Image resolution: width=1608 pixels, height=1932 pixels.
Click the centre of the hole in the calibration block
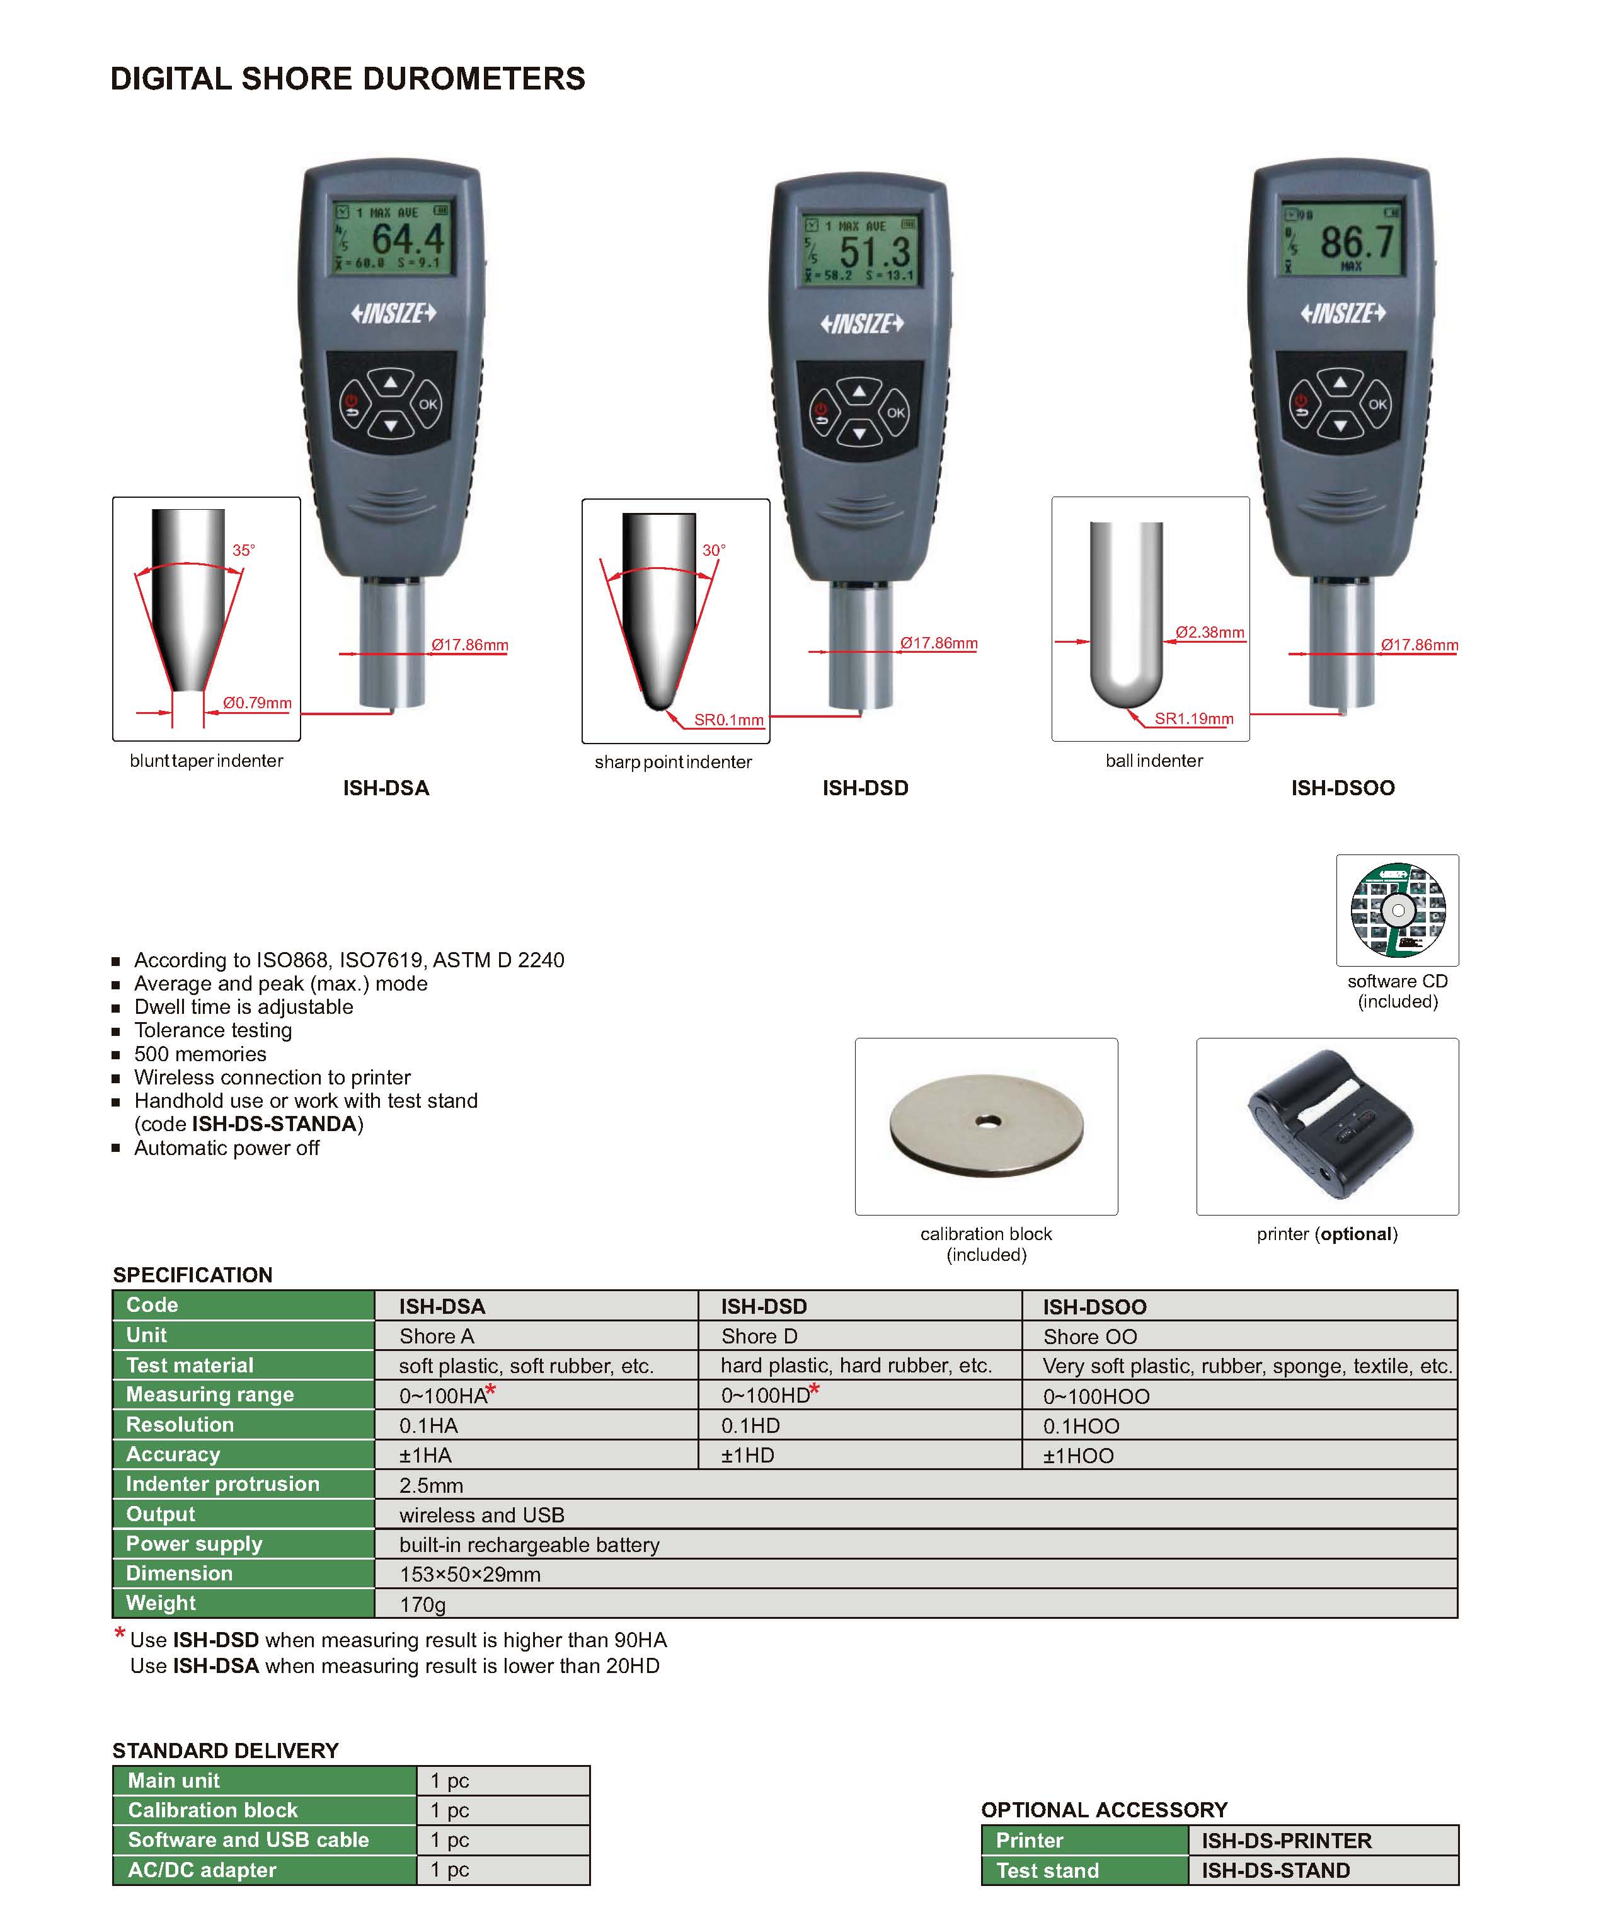coord(988,1122)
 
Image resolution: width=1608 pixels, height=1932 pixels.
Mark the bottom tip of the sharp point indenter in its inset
coord(658,710)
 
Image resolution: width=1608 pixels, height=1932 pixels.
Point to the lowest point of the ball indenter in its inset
coord(1126,708)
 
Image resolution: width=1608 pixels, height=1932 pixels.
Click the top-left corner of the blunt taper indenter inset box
coord(113,498)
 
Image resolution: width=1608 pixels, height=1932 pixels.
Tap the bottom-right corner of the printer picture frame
coord(1458,1214)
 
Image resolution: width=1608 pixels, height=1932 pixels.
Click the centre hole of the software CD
coord(1398,911)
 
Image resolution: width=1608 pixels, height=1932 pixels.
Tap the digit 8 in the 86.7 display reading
coord(1332,243)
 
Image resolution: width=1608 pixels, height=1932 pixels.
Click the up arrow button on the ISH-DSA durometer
coord(391,382)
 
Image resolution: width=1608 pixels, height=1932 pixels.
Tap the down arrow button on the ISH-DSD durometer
coord(859,432)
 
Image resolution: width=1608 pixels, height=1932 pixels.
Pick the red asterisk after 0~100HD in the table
coord(814,1389)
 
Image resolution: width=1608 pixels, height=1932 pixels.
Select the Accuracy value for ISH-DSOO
coord(1078,1456)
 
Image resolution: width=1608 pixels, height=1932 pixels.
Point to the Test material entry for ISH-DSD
coord(856,1366)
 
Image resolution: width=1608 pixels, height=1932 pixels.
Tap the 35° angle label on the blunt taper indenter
coord(243,550)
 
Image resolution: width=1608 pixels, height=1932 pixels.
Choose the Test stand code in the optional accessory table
coord(1275,1870)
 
